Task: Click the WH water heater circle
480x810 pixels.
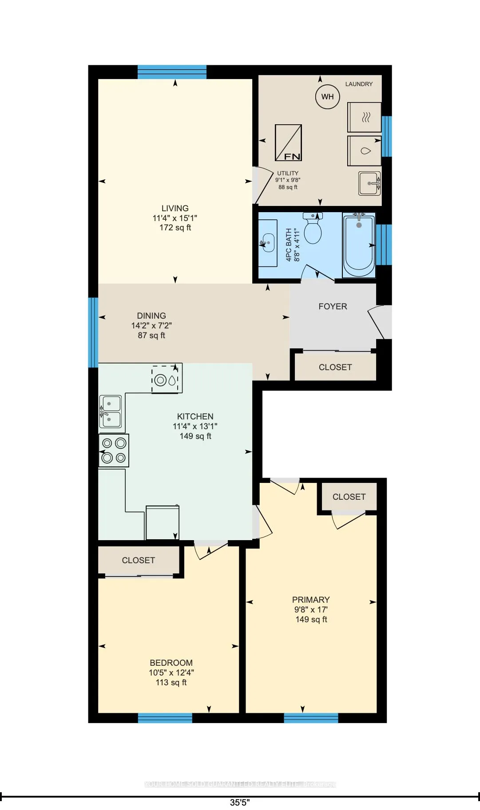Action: (327, 97)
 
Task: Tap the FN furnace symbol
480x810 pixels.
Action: (288, 142)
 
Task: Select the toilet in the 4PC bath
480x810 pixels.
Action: (313, 229)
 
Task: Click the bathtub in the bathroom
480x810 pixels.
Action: (359, 245)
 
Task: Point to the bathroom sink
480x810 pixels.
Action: (268, 243)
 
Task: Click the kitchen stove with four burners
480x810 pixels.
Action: (114, 450)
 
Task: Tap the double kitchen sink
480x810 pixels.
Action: (110, 411)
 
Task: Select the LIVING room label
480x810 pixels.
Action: (175, 208)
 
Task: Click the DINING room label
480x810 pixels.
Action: (151, 316)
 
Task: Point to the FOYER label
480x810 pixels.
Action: (333, 306)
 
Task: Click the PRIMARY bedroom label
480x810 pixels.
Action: (311, 600)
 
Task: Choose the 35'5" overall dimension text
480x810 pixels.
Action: (240, 802)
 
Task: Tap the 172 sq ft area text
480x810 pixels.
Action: (175, 228)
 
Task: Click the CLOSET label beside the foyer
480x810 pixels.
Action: (335, 367)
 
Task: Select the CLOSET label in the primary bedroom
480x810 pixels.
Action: (349, 497)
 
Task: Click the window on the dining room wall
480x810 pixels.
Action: (93, 332)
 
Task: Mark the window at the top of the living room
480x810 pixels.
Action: (172, 72)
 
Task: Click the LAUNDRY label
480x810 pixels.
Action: (359, 84)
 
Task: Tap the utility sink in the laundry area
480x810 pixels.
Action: (369, 183)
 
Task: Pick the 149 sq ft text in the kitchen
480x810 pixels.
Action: (195, 436)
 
